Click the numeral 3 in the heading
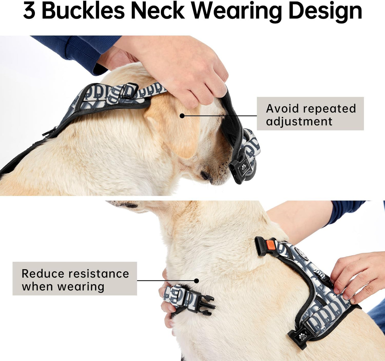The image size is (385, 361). click(29, 11)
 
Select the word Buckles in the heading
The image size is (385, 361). click(83, 11)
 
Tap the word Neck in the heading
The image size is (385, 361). click(158, 11)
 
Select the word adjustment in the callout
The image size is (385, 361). click(299, 122)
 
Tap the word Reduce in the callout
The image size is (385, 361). click(43, 274)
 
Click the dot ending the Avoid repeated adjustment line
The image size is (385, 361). click(182, 116)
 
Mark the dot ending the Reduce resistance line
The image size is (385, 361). click(197, 281)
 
